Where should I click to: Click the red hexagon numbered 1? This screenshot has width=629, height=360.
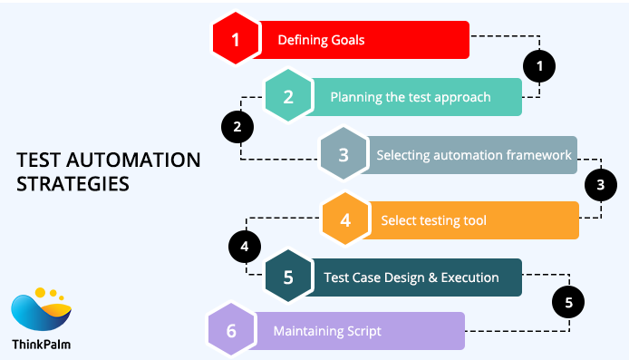[x=237, y=40]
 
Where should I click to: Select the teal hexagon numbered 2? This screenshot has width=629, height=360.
[x=288, y=96]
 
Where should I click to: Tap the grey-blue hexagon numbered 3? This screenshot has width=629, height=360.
[x=344, y=154]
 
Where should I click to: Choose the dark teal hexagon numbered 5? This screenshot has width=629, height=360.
[x=288, y=278]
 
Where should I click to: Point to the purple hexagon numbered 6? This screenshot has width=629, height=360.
[x=231, y=331]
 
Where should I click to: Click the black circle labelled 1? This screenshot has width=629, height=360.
[x=540, y=65]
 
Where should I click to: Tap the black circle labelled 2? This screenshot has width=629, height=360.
[x=237, y=126]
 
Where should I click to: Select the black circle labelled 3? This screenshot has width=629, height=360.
[x=599, y=186]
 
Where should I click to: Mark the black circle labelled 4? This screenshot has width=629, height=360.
[x=244, y=246]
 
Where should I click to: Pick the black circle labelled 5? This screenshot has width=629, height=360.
[x=568, y=302]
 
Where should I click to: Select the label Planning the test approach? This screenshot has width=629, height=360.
[x=410, y=97]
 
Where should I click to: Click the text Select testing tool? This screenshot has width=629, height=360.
[x=434, y=220]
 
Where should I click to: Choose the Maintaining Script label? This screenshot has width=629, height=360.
[x=327, y=331]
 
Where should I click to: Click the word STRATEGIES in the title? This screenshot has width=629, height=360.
[x=73, y=184]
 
